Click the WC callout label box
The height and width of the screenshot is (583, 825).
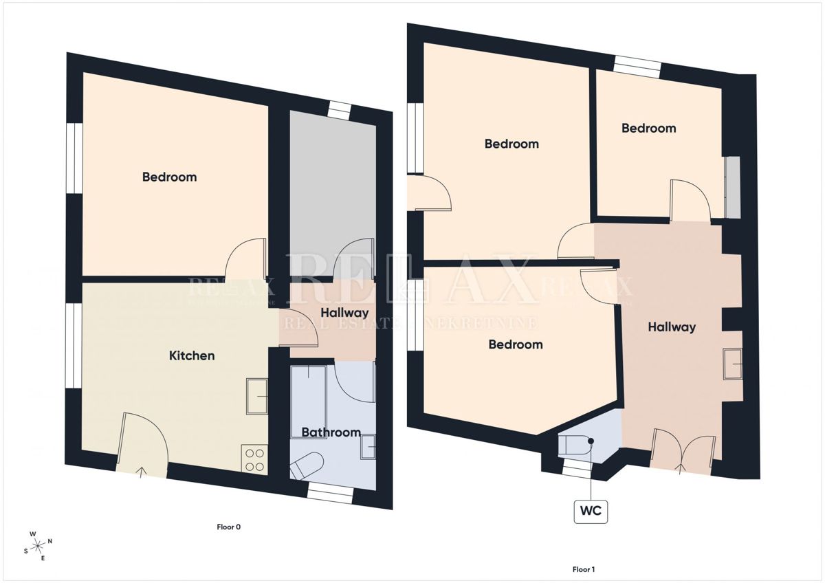point(591,511)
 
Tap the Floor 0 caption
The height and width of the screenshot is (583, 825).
point(229,527)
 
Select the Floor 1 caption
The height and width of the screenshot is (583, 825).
point(584,569)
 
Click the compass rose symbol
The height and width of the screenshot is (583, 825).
point(38,547)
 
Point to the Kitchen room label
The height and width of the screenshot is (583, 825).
point(192,355)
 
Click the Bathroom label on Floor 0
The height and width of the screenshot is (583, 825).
point(331,432)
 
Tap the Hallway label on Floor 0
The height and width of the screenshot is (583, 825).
point(344,313)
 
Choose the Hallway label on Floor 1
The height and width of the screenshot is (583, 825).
point(672,327)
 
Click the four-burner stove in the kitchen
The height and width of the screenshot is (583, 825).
point(254,459)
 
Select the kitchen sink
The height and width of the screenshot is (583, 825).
point(257,397)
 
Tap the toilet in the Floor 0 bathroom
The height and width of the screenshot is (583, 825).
point(307,465)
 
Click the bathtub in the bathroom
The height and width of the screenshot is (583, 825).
point(309,401)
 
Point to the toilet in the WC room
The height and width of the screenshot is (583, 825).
point(575,445)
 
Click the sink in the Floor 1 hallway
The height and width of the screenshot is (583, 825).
point(733,364)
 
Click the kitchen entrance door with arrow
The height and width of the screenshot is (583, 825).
point(143,445)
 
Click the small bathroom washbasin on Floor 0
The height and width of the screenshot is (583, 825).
point(368,447)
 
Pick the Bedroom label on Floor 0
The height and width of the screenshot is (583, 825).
point(169,177)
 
